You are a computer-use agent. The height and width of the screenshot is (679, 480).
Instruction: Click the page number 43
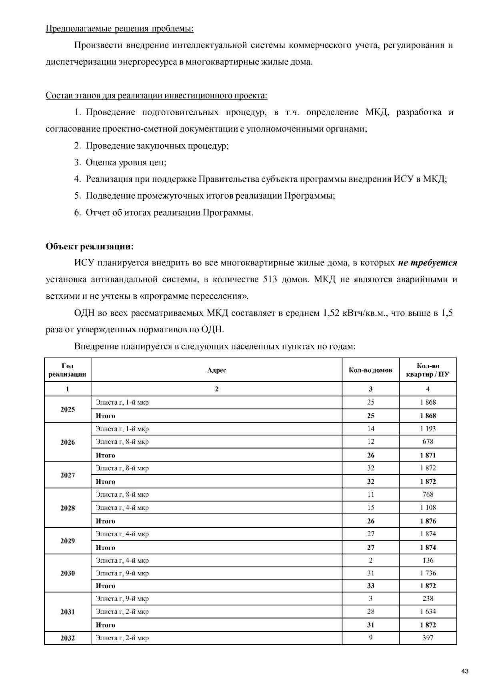pos(465,671)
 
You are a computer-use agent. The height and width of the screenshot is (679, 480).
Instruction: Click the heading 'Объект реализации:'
pos(90,246)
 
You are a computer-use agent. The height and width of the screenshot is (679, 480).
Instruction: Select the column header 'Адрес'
pos(216,370)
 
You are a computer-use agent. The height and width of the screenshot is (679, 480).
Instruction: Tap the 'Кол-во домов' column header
pos(370,370)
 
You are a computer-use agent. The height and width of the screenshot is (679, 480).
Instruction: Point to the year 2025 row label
pos(68,409)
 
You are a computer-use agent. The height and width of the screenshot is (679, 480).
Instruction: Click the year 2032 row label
pos(68,638)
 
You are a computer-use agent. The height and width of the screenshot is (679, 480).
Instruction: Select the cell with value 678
pos(428,442)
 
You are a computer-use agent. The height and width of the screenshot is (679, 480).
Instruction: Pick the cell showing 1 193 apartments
pos(428,429)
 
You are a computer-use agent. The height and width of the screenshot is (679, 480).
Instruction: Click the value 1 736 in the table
pos(428,573)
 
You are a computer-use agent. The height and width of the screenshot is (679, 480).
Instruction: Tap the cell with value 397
pos(428,638)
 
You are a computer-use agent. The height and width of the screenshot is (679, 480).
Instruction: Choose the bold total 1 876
pos(428,521)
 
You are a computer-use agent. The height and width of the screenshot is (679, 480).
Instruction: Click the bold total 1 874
pos(428,547)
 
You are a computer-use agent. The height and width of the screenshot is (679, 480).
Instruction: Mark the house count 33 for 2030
pos(370,586)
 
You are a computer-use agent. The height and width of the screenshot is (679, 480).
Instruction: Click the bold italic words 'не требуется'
pos(427,263)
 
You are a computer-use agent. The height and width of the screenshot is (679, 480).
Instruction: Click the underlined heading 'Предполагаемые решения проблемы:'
pos(120,29)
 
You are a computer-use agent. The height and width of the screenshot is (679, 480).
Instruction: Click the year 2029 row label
pos(68,541)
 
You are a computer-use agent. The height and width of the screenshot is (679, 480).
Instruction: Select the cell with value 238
pos(428,599)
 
